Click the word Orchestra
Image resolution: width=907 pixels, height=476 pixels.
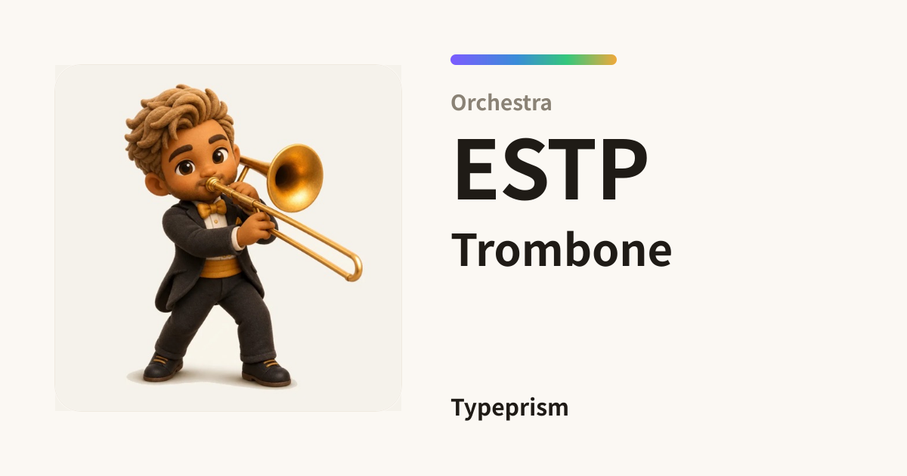click(501, 103)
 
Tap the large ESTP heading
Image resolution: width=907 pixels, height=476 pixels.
click(551, 169)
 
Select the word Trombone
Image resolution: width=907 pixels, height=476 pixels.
click(562, 250)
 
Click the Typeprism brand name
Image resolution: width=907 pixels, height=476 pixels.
click(509, 408)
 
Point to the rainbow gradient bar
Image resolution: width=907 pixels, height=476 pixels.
click(534, 60)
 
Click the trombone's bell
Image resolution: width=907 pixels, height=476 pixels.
click(296, 178)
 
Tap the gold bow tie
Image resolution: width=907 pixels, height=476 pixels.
click(212, 209)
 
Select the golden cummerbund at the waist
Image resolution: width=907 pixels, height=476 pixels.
click(220, 268)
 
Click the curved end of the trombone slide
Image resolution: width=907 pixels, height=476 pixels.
click(355, 268)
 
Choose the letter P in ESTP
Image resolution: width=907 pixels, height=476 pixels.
click(625, 169)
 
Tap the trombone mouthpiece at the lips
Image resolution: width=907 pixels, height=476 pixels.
click(212, 184)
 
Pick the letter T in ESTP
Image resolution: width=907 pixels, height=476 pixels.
click(574, 169)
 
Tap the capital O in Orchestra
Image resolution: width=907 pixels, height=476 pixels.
click(459, 103)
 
